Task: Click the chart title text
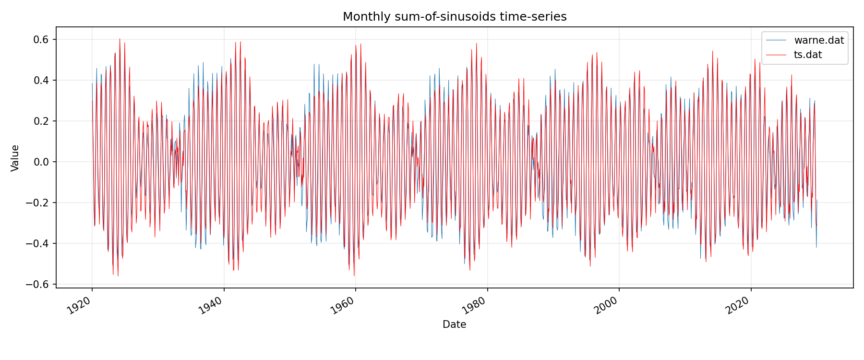click(455, 17)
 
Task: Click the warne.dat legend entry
click(819, 40)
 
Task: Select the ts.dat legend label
click(808, 55)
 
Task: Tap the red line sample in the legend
click(776, 55)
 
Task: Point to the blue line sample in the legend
click(776, 40)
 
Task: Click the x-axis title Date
click(454, 324)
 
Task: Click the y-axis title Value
click(15, 158)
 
